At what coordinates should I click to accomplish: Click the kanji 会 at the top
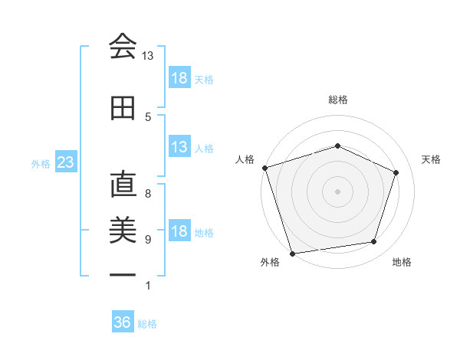click(x=123, y=47)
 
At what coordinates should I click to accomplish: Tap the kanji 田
click(x=123, y=109)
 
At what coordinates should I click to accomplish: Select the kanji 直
click(x=123, y=186)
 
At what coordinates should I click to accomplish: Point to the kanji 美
click(x=123, y=230)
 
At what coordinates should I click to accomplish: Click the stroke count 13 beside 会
click(x=147, y=56)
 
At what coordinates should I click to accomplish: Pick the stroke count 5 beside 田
click(x=148, y=116)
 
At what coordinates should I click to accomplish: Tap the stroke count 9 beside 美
click(x=148, y=239)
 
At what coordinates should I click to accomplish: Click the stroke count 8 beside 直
click(x=148, y=194)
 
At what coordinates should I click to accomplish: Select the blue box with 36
click(x=123, y=322)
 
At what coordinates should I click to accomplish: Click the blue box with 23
click(x=65, y=163)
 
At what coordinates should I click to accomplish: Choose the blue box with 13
click(x=179, y=148)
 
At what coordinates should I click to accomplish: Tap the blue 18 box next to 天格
click(x=179, y=78)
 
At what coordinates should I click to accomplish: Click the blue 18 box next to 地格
click(x=179, y=232)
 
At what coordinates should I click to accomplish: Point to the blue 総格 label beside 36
click(x=147, y=324)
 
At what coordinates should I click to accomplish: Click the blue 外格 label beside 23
click(x=41, y=164)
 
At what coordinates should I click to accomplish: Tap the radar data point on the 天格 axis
click(x=396, y=172)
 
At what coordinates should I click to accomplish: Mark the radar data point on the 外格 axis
click(x=292, y=252)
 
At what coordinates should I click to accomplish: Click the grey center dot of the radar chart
click(x=338, y=191)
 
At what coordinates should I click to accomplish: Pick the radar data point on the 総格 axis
click(x=338, y=146)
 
